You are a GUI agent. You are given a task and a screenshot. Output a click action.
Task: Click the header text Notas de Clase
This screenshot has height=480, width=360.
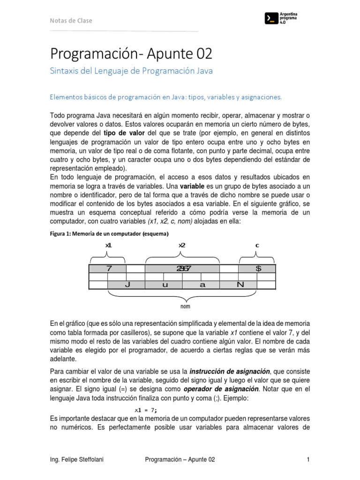click(x=71, y=21)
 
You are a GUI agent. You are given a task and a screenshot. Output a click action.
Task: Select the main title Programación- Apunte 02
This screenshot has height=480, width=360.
click(x=131, y=54)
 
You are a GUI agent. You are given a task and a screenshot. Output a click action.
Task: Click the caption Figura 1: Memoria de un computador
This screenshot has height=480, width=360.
click(x=109, y=233)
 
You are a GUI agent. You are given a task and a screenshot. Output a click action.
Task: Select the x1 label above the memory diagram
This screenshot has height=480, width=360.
click(x=108, y=245)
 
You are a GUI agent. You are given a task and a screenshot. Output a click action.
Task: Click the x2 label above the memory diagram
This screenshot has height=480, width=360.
click(x=182, y=245)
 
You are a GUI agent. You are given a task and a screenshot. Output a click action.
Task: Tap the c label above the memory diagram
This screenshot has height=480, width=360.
click(x=257, y=245)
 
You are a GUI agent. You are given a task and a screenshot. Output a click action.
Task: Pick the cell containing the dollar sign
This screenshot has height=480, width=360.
click(x=257, y=269)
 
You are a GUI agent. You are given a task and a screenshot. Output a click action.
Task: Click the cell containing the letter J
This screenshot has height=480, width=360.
click(x=127, y=285)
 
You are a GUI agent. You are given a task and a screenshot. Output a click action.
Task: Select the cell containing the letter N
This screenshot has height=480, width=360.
click(x=240, y=285)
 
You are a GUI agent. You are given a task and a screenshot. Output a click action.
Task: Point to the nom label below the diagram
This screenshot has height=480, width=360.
click(x=186, y=307)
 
